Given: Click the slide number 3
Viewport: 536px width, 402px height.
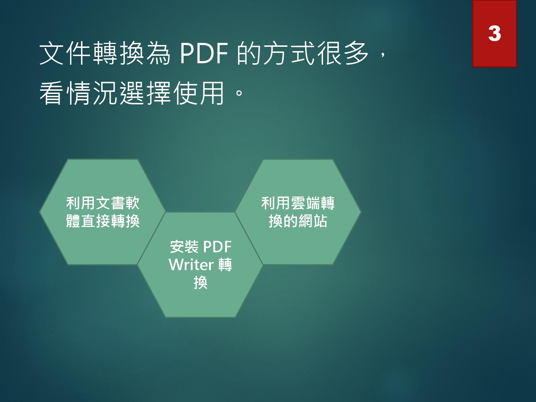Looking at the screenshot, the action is pos(495,34).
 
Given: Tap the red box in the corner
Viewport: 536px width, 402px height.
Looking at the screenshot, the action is pos(495,34).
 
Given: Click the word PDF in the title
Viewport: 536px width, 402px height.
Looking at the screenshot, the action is pos(204,53).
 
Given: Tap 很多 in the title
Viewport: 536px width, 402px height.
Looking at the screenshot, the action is pos(343,53).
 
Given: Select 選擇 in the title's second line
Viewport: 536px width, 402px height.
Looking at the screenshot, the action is pos(145,93).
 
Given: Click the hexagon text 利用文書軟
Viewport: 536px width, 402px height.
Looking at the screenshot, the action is pos(103,203).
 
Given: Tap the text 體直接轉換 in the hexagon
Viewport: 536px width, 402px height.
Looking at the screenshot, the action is pos(103,221).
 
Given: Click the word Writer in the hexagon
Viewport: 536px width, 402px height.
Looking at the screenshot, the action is pos(191,264).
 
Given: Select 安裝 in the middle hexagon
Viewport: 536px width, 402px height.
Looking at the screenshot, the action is pos(184,247).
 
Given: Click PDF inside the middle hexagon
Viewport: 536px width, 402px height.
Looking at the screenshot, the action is pos(217,247).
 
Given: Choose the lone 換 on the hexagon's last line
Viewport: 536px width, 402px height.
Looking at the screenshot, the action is pos(200,283).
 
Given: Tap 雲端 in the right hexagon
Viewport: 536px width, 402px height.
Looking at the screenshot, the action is pos(305,203).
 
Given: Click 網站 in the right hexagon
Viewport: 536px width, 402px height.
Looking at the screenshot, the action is pos(313,221).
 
